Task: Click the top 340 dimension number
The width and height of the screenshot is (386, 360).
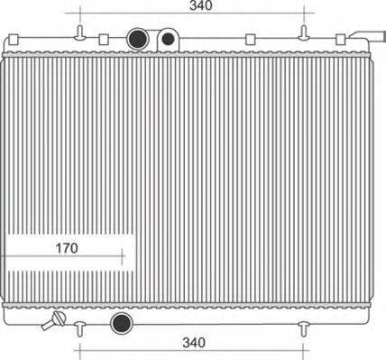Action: point(201,5)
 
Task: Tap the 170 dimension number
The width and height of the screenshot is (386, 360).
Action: point(67,248)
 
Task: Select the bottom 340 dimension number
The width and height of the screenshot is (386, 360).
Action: point(194,343)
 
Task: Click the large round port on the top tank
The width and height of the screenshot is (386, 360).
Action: point(138,39)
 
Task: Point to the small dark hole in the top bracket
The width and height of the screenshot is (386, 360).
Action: point(168,39)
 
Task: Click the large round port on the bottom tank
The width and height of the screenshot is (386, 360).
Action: point(122,323)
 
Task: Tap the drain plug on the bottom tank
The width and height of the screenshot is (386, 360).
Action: point(54,320)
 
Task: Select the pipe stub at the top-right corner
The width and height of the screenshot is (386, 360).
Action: point(367,35)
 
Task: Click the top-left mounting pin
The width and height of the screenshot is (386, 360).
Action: point(80,32)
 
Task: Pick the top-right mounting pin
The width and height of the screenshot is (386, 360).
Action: point(304,32)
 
